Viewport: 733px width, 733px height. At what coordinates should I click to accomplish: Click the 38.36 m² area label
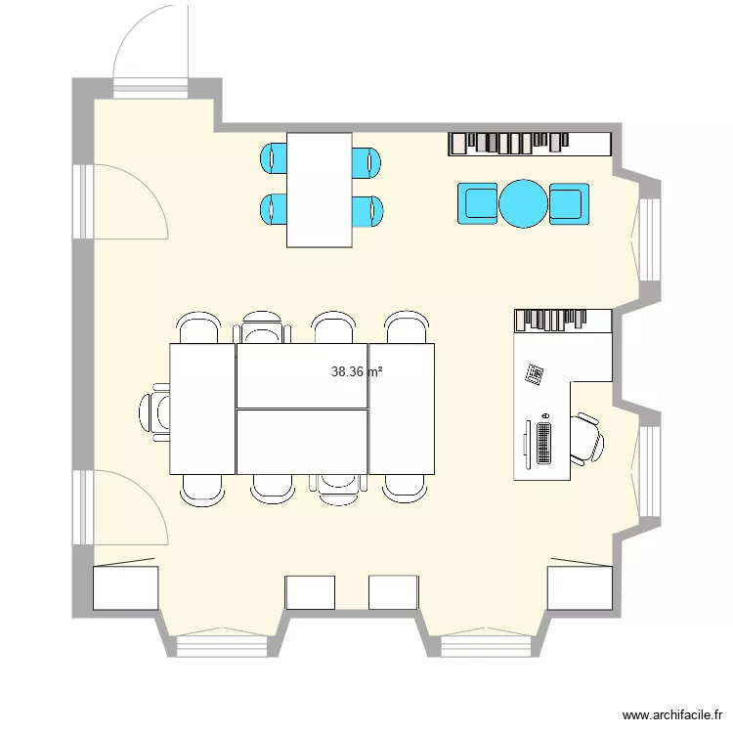point(357,371)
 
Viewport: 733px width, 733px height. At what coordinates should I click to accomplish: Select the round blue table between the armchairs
point(524,203)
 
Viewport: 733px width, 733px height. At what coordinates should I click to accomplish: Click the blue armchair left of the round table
point(478,203)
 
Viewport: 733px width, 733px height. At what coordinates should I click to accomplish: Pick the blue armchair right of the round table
point(569,203)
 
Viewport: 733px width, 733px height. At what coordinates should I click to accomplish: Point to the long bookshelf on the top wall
point(530,144)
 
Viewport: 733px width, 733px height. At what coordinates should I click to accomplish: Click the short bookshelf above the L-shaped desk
point(562,320)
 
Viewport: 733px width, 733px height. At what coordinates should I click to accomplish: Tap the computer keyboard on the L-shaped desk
point(544,442)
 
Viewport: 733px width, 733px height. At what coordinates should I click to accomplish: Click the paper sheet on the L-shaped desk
point(536,374)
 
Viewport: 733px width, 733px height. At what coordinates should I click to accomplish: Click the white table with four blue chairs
point(320,190)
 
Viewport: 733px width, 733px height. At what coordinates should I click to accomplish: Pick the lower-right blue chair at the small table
point(367,210)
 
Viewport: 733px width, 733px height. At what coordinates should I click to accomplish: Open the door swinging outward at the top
point(151,49)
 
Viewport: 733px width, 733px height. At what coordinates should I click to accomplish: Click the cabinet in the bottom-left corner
point(125,587)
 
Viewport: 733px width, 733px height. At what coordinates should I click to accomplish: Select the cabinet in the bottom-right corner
point(580,587)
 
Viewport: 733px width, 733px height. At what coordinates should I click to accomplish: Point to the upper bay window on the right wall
point(646,239)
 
